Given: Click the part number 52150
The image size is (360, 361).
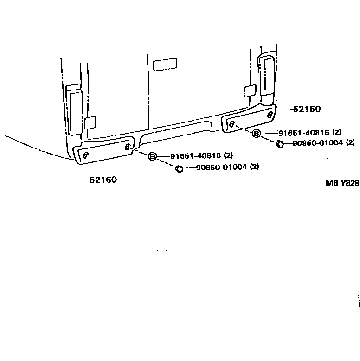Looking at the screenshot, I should coord(307,110).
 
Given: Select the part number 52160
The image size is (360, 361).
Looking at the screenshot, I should coord(103,180).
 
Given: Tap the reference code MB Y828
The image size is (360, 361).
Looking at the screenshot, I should coord(342,183).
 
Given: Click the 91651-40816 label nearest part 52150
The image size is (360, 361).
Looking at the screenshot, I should coord(304,133).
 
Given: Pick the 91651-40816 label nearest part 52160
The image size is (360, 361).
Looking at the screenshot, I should coord(195,156).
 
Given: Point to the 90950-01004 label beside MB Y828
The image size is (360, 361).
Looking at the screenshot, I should coord(317,143).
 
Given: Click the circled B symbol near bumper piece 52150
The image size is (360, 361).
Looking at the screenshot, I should coord(256,134).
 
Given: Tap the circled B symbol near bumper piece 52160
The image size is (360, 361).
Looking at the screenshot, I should coord(152,156).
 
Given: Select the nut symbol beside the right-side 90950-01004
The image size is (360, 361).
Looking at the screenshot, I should coord(280,144).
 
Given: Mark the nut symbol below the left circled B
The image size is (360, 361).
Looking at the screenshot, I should coord(179,168).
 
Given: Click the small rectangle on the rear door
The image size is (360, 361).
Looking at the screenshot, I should coord(165,64).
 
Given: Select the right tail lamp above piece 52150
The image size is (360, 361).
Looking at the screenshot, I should coord(267,79).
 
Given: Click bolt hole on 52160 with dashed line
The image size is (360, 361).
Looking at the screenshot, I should coord(128,147).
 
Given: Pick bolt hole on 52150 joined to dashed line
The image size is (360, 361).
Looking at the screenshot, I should coord(231,124).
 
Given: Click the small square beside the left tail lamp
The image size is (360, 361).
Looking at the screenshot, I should coord(90,122).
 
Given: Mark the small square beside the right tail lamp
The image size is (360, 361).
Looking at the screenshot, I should coord(249,90).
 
